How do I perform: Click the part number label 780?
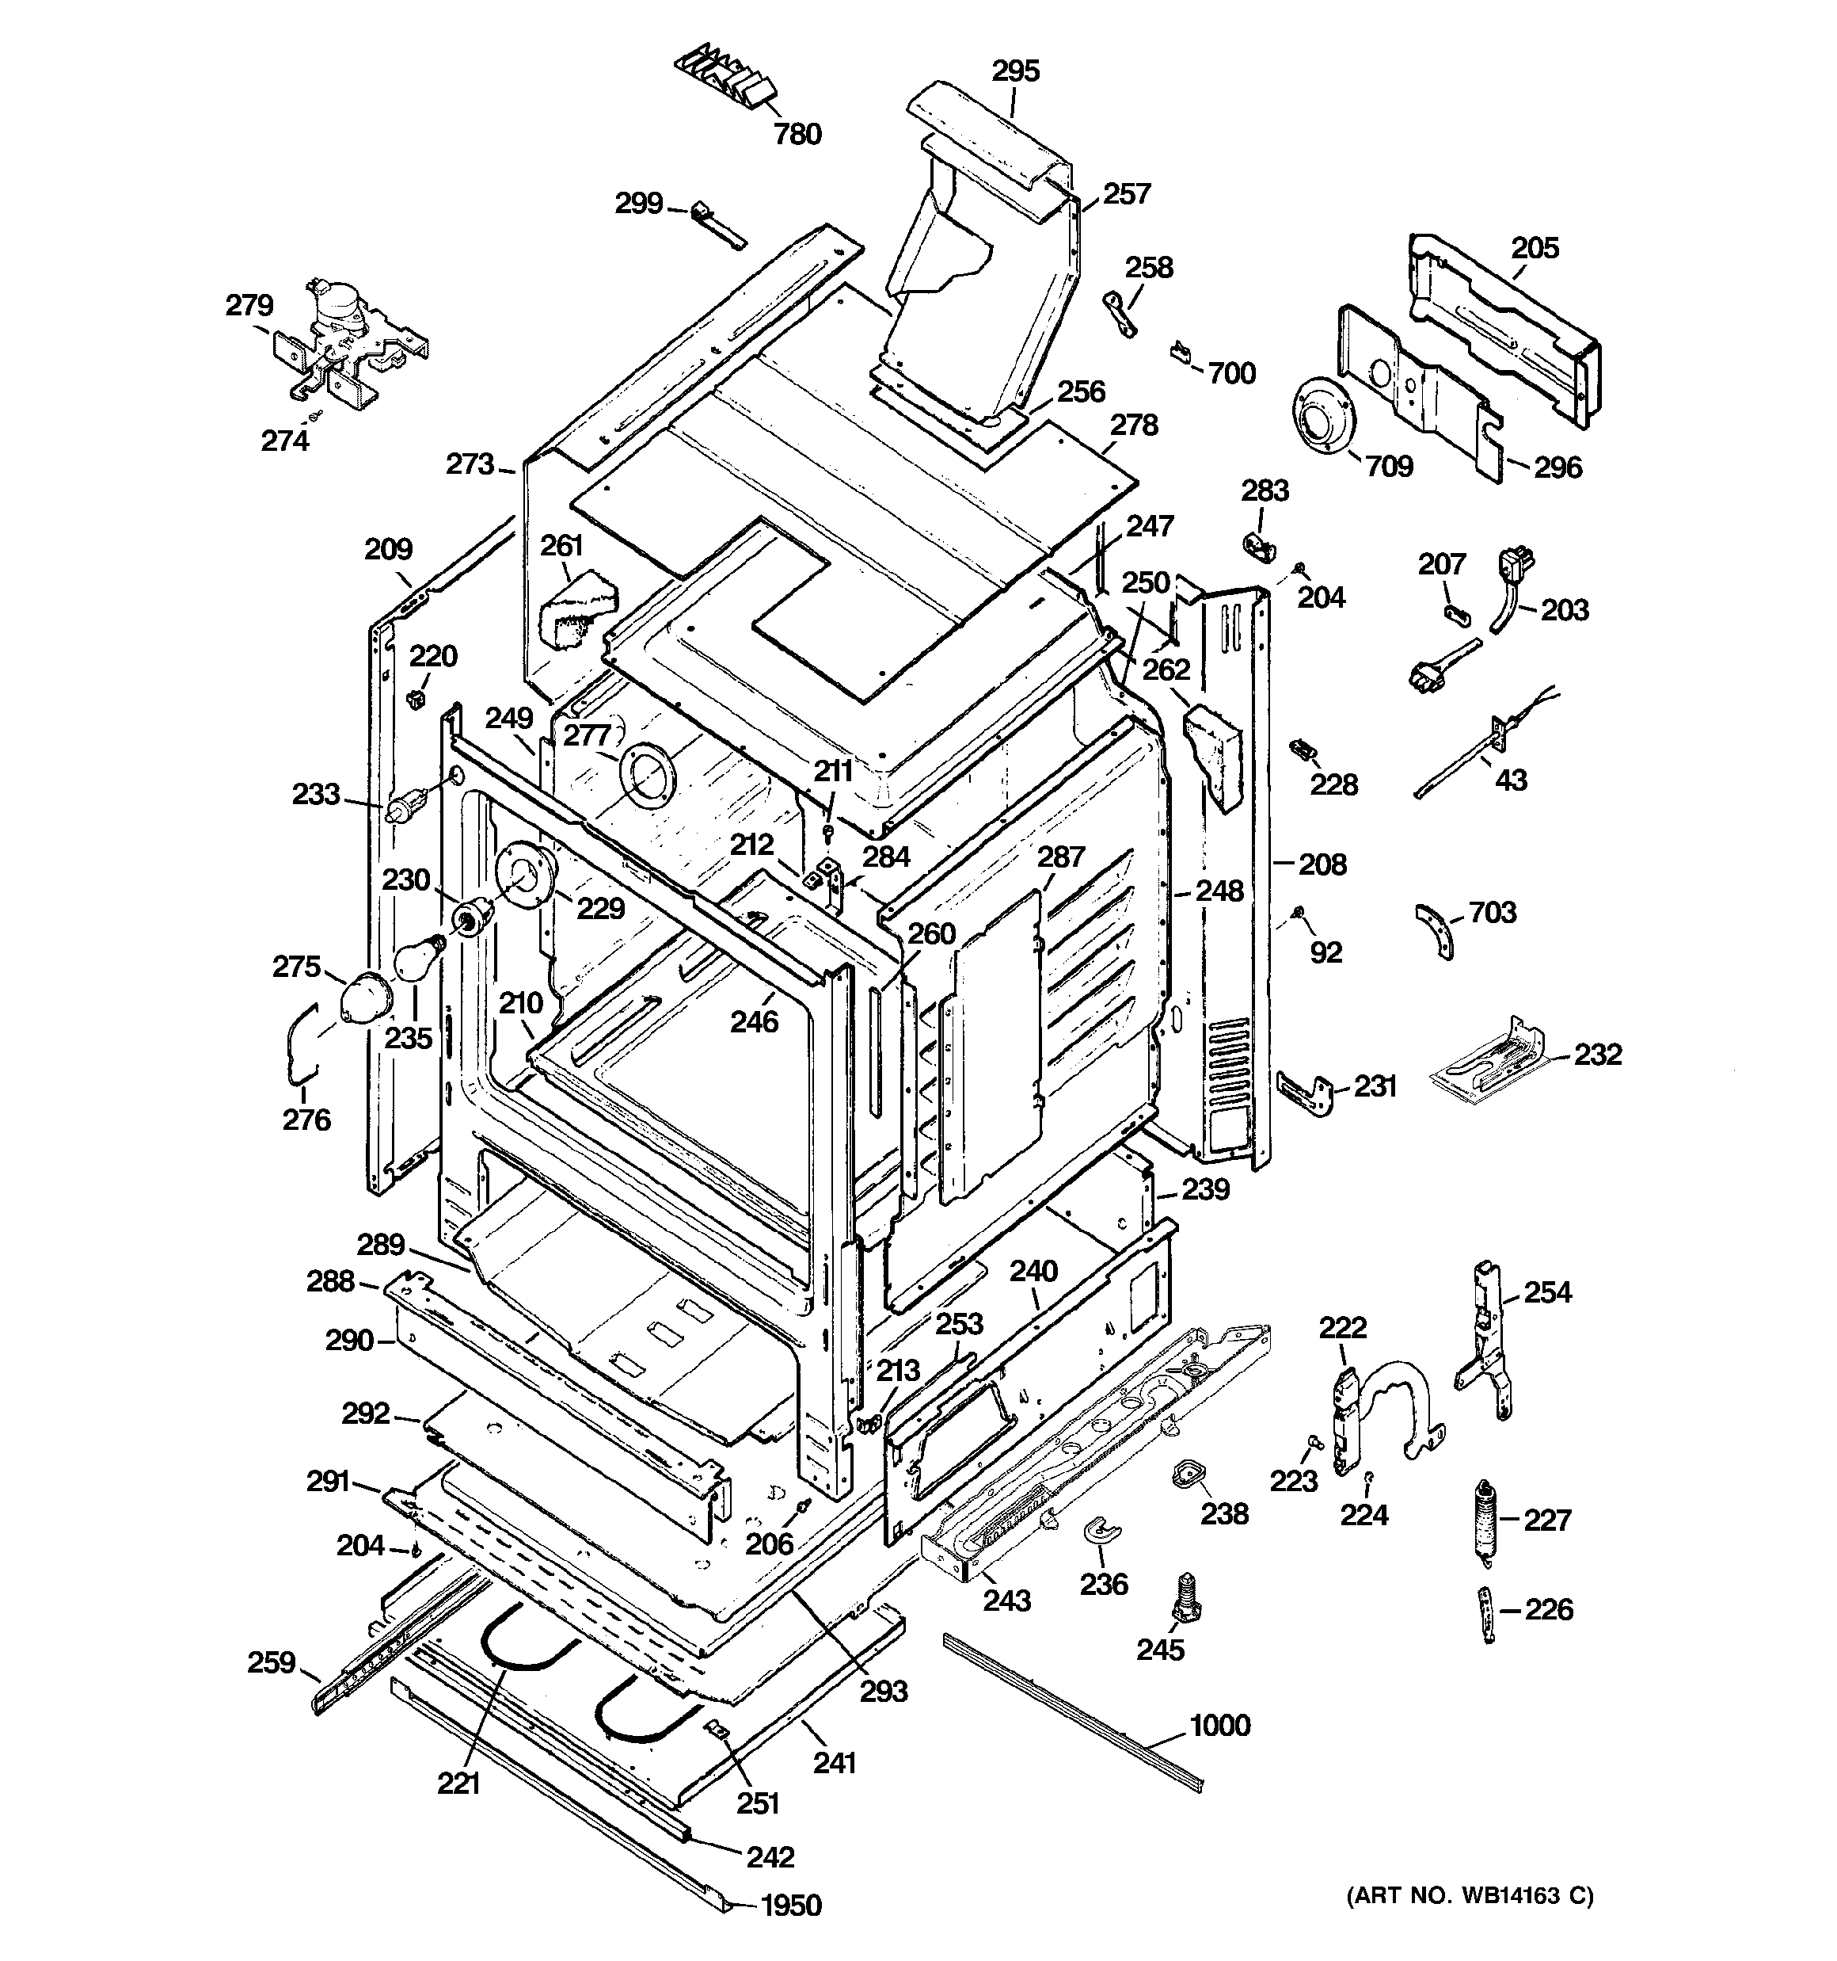click(x=797, y=134)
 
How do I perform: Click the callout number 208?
click(x=1322, y=865)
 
